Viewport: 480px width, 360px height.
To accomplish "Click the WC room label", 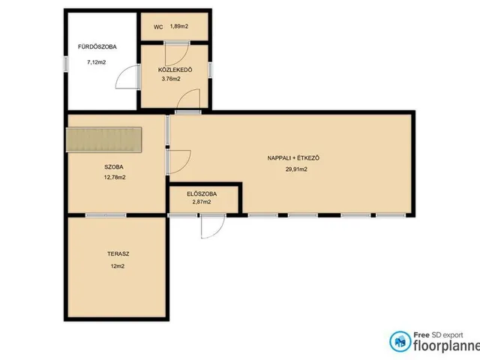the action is point(158,27).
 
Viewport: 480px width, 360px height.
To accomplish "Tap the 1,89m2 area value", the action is point(179,26).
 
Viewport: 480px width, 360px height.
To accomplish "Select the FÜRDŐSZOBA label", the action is point(97,46).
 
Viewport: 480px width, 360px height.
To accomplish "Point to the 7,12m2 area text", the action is point(97,62).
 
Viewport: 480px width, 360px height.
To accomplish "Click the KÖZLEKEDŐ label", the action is point(175,70).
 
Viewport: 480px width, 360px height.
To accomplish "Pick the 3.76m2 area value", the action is point(171,79).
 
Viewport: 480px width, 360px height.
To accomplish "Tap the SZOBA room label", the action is point(114,167).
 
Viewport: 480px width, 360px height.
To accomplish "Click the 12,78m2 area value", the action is point(115,177).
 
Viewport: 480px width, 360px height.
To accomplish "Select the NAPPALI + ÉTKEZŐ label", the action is point(293,158).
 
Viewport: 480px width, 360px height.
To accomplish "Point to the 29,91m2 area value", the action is point(296,169).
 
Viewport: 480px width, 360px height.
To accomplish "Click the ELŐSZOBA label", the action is point(202,193).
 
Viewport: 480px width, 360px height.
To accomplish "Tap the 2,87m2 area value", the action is point(202,202).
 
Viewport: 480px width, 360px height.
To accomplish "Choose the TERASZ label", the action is point(118,253).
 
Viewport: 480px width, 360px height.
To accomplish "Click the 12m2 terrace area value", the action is point(118,266).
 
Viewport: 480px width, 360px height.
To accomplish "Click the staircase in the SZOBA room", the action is point(103,139).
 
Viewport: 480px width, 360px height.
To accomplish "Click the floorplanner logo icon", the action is point(400,341).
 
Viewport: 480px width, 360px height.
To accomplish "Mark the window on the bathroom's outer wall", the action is point(65,64).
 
